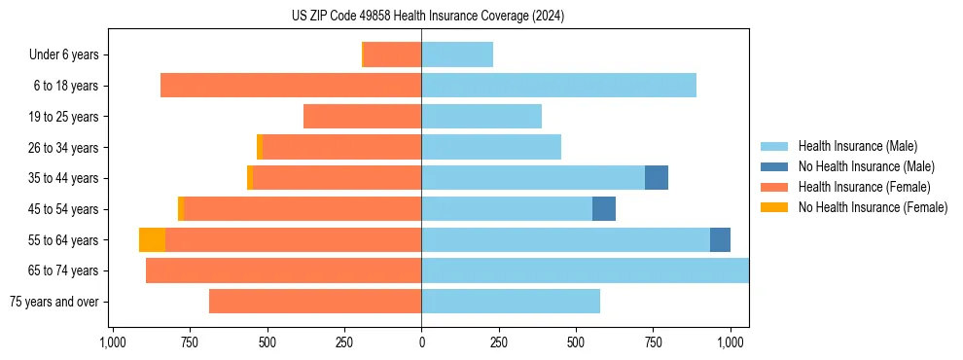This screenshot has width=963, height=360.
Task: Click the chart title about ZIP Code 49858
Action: click(428, 16)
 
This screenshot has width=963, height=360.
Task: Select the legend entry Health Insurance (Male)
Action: click(856, 146)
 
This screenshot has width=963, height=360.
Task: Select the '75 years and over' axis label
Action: click(53, 302)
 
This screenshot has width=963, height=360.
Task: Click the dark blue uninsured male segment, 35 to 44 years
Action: click(657, 178)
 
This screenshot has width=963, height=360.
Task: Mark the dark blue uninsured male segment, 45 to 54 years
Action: click(604, 209)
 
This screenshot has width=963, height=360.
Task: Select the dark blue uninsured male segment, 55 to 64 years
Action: click(720, 240)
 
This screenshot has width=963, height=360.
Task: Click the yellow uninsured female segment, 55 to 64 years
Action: click(152, 240)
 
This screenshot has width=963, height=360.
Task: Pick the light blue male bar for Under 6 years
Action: click(457, 55)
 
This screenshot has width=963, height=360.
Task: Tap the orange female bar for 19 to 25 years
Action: click(362, 117)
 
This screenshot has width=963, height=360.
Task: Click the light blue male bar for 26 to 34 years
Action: click(491, 147)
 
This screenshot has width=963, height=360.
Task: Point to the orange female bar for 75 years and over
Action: click(315, 302)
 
